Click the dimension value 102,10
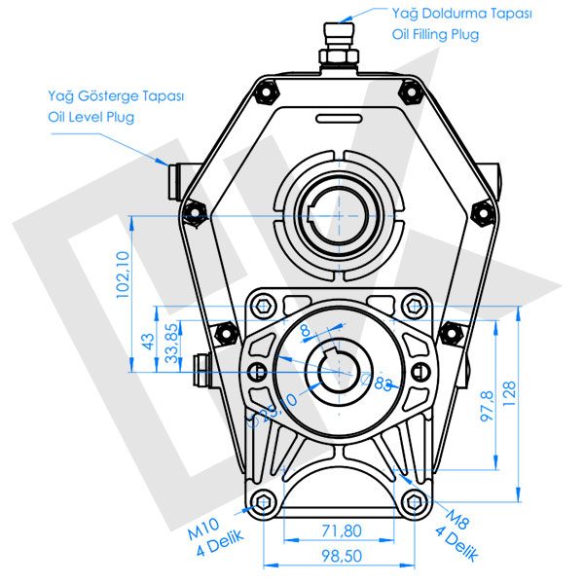pos(123,274)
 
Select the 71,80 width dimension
pos(342,530)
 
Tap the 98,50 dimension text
pos(342,556)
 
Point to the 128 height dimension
pos(509,393)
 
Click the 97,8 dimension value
pos(487,406)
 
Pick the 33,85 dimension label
pos(171,343)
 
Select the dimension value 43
pos(148,342)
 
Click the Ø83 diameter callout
pos(377,383)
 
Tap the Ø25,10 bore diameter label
pos(273,410)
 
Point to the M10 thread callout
pos(203,529)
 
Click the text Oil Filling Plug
pos(435,35)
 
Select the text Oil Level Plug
pos(91,118)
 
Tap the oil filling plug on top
pos(339,47)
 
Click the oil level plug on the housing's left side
pos(174,181)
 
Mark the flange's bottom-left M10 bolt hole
pos(263,502)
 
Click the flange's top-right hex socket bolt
pos(415,307)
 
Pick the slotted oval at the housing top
pos(339,119)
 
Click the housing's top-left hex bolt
pos(267,92)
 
